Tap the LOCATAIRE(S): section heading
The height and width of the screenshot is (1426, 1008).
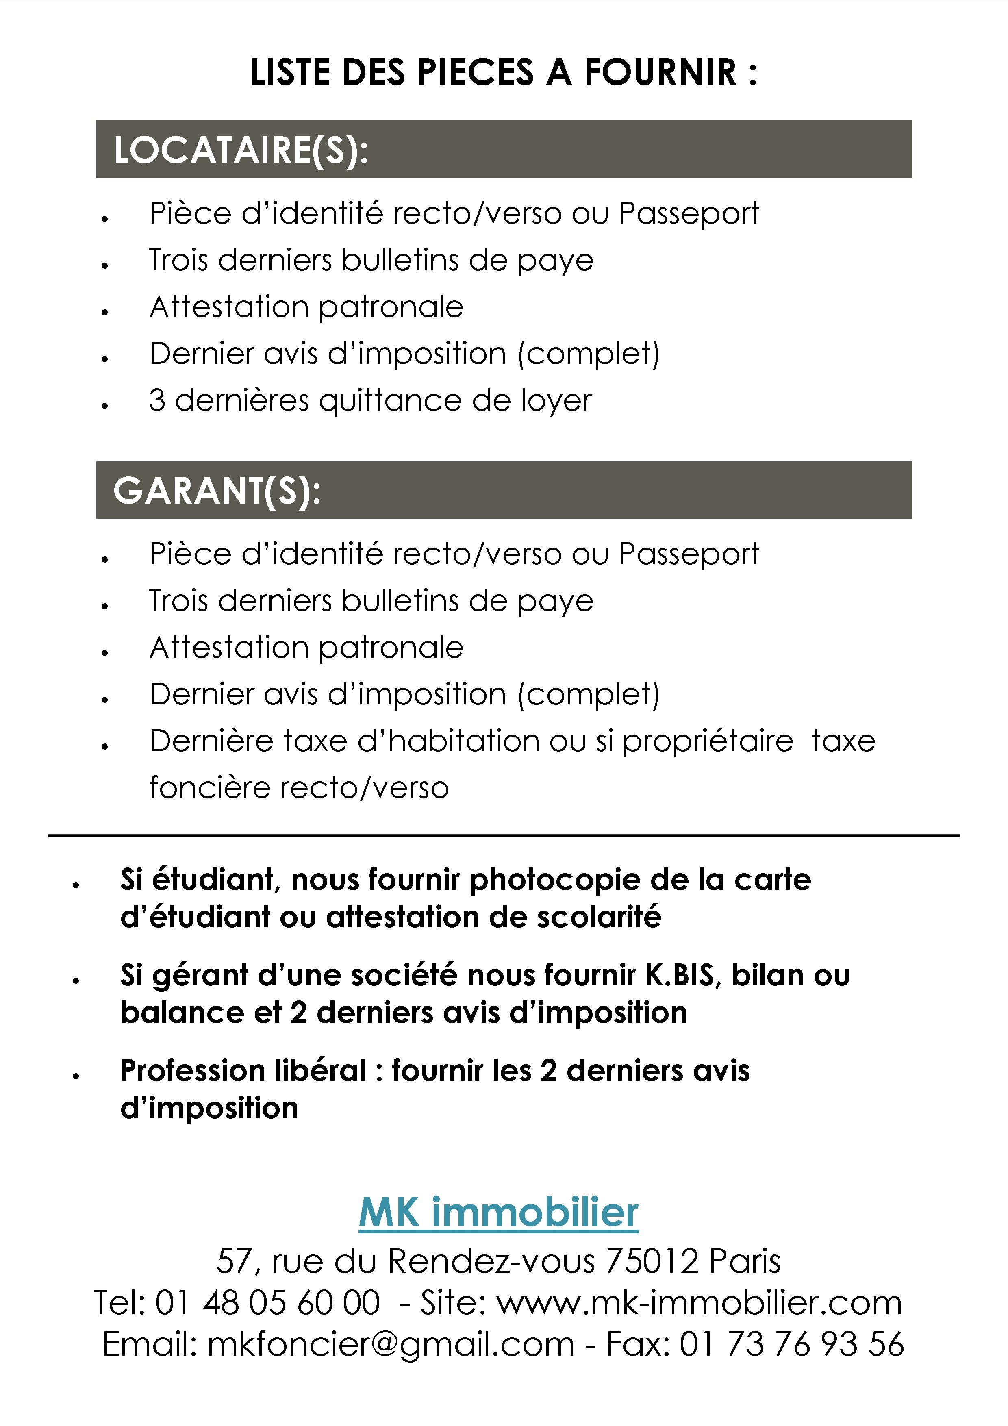point(241,150)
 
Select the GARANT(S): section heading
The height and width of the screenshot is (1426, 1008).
point(217,491)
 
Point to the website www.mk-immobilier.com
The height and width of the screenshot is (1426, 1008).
point(700,1302)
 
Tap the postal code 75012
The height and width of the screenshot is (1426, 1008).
point(653,1261)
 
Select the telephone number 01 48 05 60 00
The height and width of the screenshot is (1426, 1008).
point(267,1302)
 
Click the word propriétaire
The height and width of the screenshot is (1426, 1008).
point(708,741)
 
